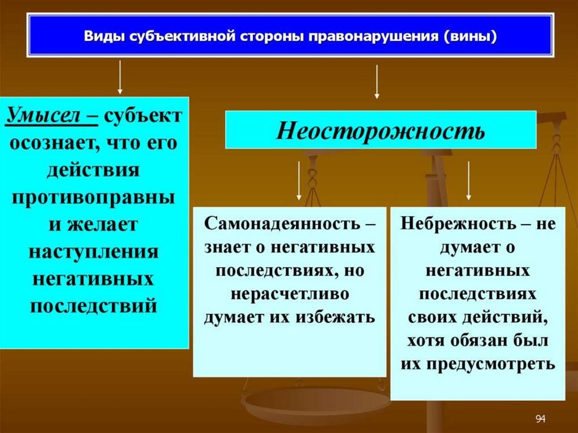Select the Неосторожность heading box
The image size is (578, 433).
pos(380,130)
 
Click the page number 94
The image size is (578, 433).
pos(540,418)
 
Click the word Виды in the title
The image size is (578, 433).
pos(105,36)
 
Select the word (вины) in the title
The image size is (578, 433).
pos(470,36)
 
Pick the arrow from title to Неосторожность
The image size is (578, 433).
pos(376,82)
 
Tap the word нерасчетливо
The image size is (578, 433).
pos(290,294)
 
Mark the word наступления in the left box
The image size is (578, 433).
pos(94,251)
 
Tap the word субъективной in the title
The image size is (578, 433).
pos(187,36)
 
